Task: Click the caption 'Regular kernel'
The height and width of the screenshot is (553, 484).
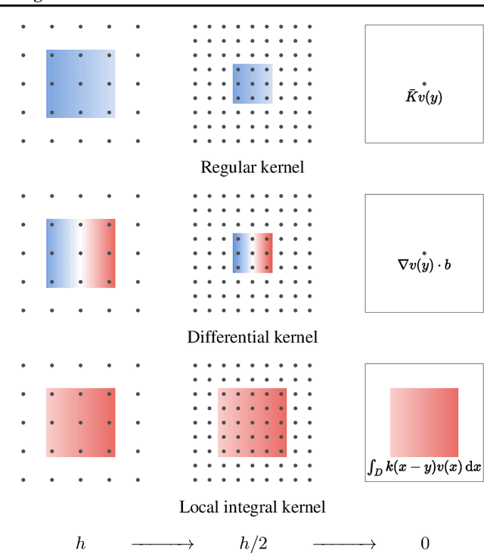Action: (x=252, y=167)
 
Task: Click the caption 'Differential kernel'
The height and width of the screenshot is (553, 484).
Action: (x=252, y=337)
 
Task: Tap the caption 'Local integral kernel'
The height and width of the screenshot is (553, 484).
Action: (x=252, y=507)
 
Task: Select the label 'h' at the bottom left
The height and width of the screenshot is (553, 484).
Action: (x=80, y=542)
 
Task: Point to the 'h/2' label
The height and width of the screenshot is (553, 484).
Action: (x=252, y=542)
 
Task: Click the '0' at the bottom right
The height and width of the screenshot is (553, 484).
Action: (x=423, y=542)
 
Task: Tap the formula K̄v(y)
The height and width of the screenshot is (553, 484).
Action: (x=423, y=96)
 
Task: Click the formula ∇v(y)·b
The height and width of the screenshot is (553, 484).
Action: (x=423, y=265)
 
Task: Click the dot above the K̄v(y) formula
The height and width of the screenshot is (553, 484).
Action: (x=423, y=84)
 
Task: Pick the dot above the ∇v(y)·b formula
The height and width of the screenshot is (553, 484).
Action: (x=423, y=253)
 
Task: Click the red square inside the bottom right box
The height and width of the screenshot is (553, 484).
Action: (x=423, y=422)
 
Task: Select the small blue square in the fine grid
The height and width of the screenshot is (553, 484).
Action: (x=252, y=83)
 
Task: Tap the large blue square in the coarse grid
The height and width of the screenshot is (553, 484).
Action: (x=80, y=83)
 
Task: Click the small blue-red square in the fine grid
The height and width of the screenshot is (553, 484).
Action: (x=252, y=252)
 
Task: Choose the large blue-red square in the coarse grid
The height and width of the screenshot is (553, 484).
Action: (x=80, y=253)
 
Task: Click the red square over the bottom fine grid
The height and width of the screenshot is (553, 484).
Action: (x=252, y=422)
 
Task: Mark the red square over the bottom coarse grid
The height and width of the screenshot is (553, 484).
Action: (x=80, y=422)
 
